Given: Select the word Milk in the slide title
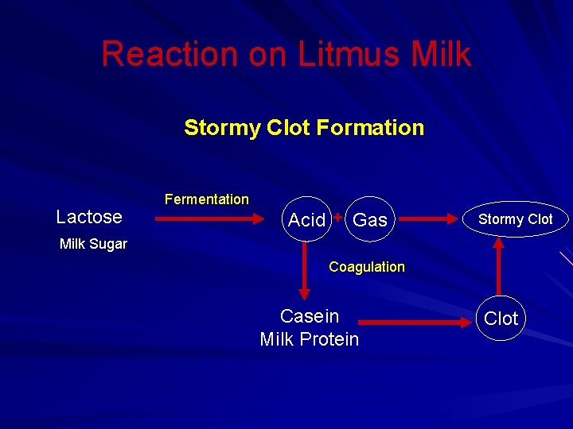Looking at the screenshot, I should [x=441, y=54].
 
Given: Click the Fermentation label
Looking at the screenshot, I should [x=206, y=199].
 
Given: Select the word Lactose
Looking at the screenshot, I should [x=89, y=217].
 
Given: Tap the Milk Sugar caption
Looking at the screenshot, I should [x=93, y=244].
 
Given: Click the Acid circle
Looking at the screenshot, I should [x=306, y=219].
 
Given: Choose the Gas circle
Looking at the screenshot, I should [x=370, y=219].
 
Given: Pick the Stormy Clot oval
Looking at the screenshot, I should [x=516, y=219].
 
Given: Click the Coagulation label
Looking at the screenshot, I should [x=367, y=267].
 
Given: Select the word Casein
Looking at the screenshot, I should [x=310, y=316].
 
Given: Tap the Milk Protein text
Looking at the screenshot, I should [x=310, y=339].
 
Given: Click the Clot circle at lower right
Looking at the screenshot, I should [x=501, y=319].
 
